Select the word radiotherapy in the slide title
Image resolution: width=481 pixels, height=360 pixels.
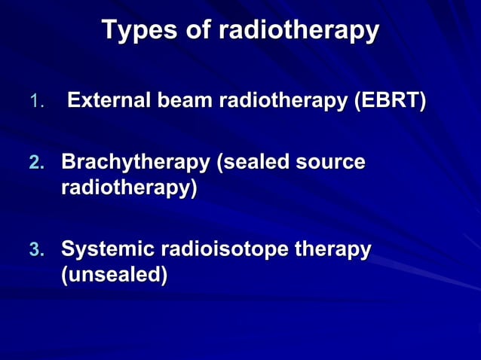299,31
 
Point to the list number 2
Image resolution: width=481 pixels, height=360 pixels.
37,163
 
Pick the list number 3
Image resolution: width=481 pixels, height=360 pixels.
37,249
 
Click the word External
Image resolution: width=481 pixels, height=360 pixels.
108,100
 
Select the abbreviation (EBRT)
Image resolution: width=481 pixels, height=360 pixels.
391,100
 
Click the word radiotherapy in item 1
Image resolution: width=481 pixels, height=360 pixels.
283,100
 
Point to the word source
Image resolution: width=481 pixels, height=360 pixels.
332,162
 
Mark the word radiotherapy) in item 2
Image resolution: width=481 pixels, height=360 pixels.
129,188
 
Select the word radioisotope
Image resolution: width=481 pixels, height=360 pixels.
223,249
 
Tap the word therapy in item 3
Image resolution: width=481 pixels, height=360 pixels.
332,249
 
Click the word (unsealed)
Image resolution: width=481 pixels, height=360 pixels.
114,275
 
